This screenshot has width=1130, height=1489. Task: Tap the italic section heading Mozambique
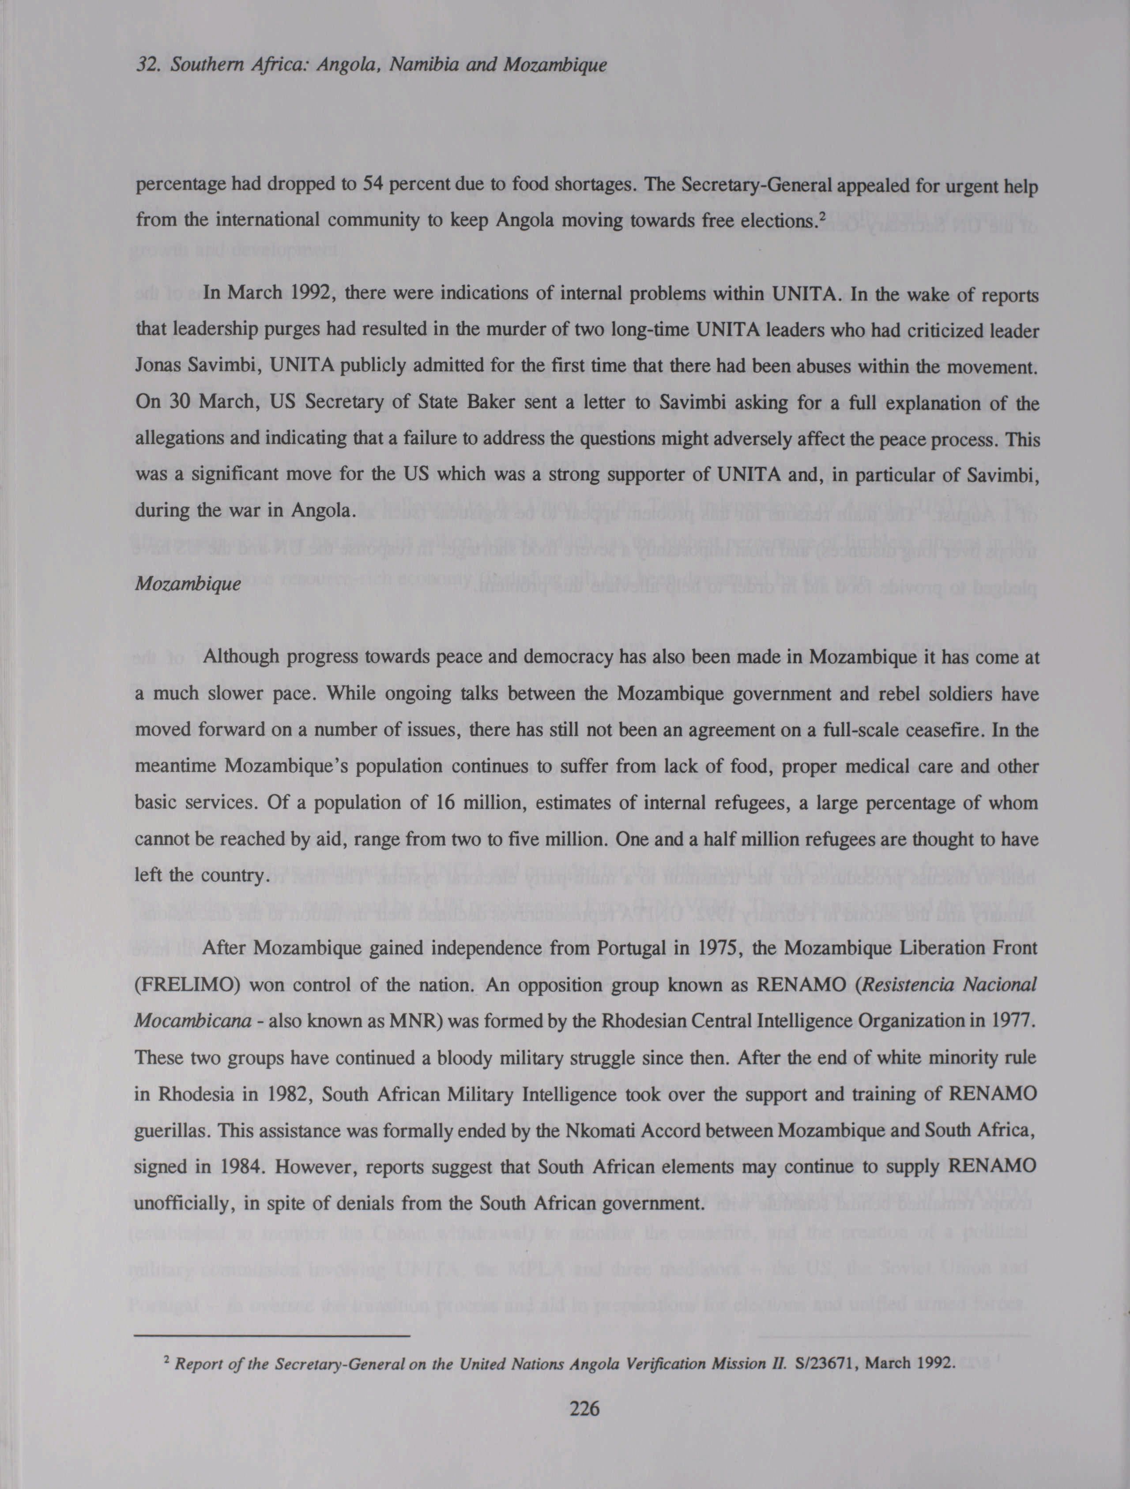tap(187, 584)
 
